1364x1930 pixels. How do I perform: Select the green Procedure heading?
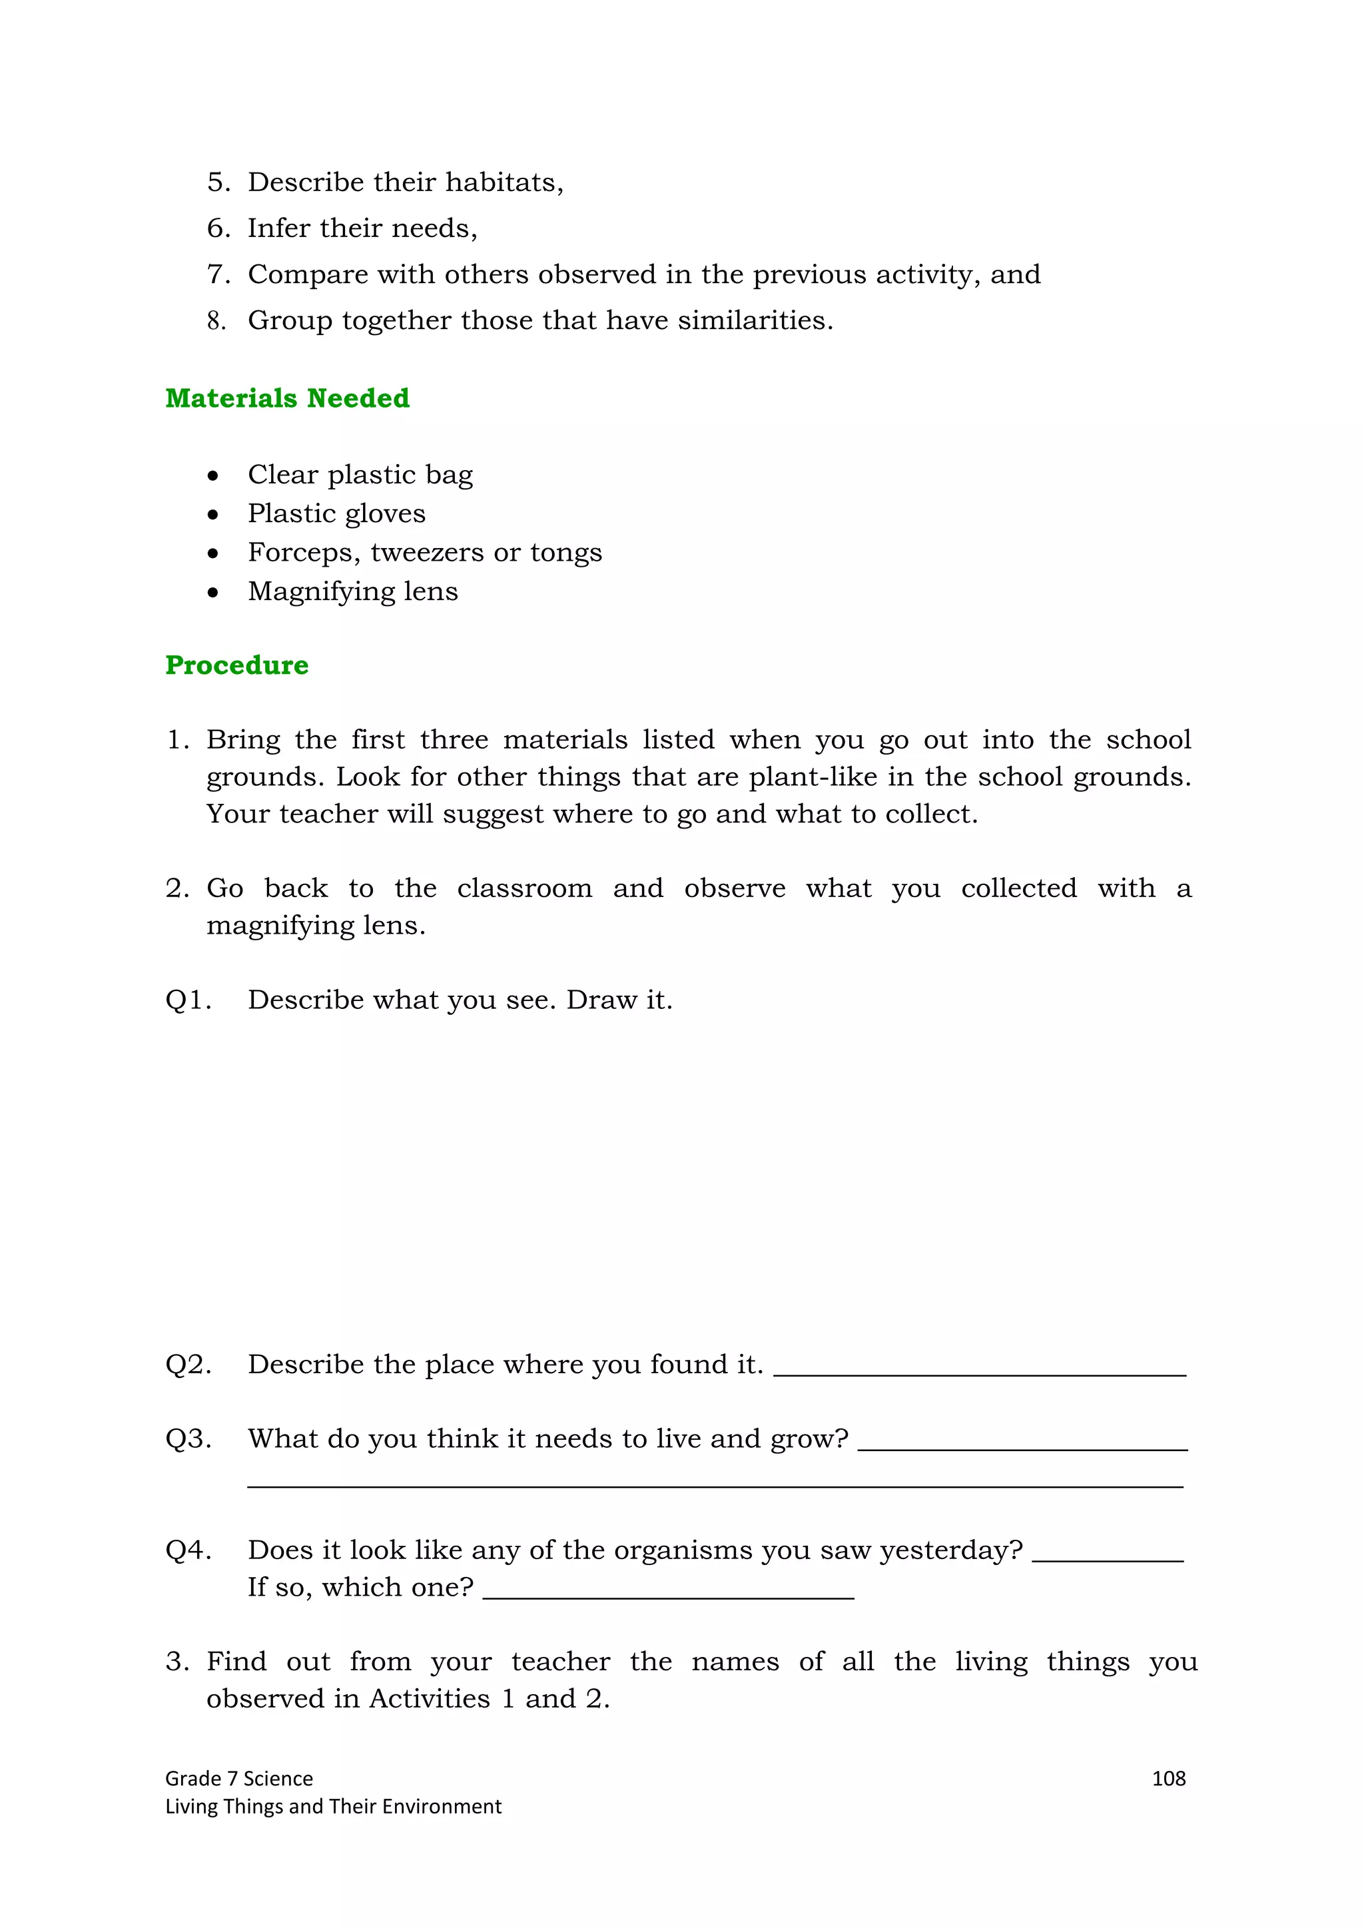tap(236, 664)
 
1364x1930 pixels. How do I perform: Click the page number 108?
tap(1168, 1779)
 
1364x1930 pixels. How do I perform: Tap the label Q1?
tap(186, 1000)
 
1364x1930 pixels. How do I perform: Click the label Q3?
tap(187, 1439)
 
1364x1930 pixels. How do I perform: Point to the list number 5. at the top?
tap(218, 182)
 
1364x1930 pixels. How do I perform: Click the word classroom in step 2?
tap(523, 888)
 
